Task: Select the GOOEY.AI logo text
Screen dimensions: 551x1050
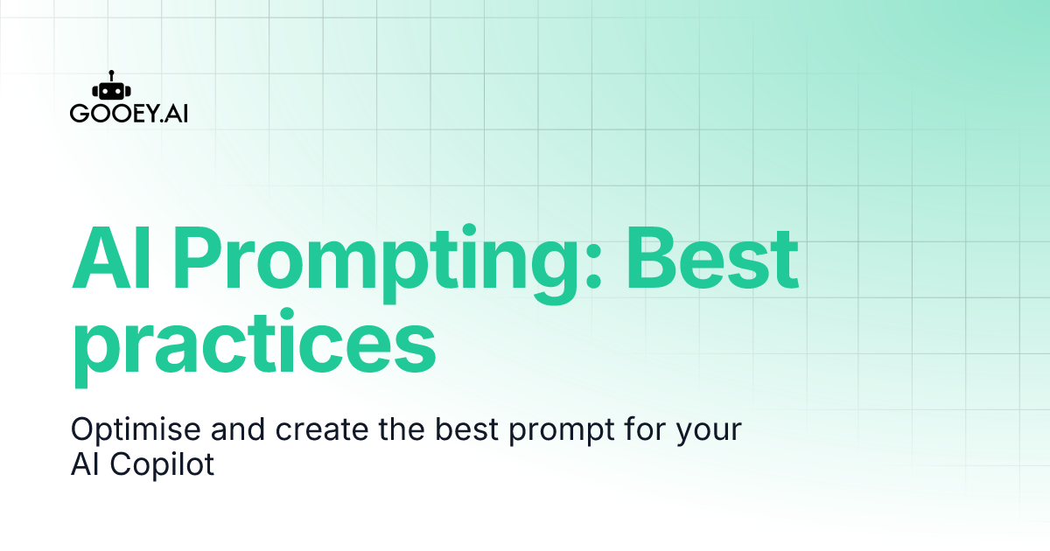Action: point(128,115)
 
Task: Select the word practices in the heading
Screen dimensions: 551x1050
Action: point(253,347)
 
